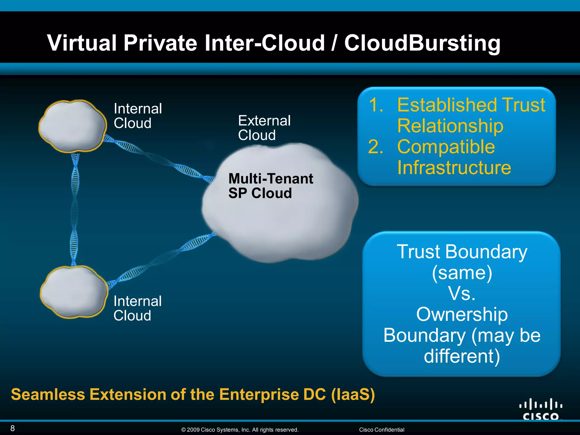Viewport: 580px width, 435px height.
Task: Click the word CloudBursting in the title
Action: [x=422, y=43]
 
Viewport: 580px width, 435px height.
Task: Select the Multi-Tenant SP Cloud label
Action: [x=270, y=186]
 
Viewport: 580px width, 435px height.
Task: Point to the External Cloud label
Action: [x=264, y=128]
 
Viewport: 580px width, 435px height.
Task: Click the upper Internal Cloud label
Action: [x=138, y=116]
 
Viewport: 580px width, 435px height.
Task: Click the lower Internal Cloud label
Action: [x=137, y=308]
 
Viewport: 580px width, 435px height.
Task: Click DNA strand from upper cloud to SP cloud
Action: [x=159, y=159]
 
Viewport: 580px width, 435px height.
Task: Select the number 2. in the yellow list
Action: [x=376, y=147]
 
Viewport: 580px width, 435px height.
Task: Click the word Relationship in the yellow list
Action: [x=450, y=126]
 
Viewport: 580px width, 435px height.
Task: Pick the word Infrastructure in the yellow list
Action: [x=454, y=168]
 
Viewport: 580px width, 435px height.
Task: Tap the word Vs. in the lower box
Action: [x=462, y=293]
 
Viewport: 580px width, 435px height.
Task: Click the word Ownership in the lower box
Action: [x=462, y=314]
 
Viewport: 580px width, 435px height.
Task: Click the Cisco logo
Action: [x=540, y=409]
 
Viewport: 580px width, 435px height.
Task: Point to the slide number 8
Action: [x=12, y=428]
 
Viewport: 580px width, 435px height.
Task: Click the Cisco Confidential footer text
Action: [x=381, y=430]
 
